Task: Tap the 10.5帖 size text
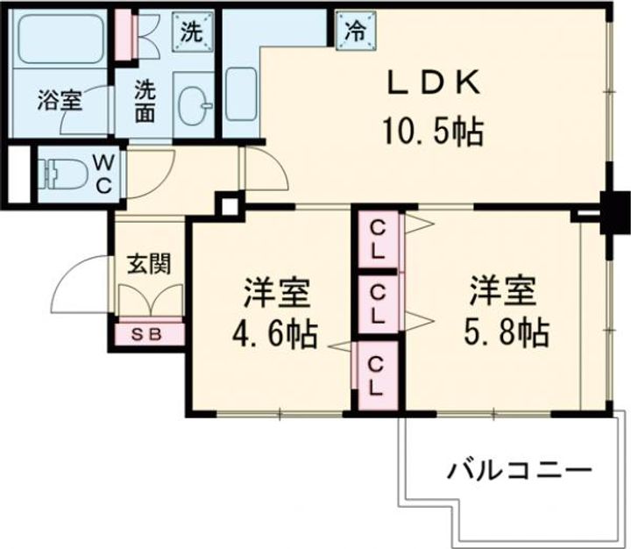(x=432, y=132)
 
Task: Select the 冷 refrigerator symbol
(x=356, y=31)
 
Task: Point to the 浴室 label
(x=59, y=100)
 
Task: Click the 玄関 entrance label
(x=146, y=263)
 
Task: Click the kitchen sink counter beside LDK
(x=240, y=88)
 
